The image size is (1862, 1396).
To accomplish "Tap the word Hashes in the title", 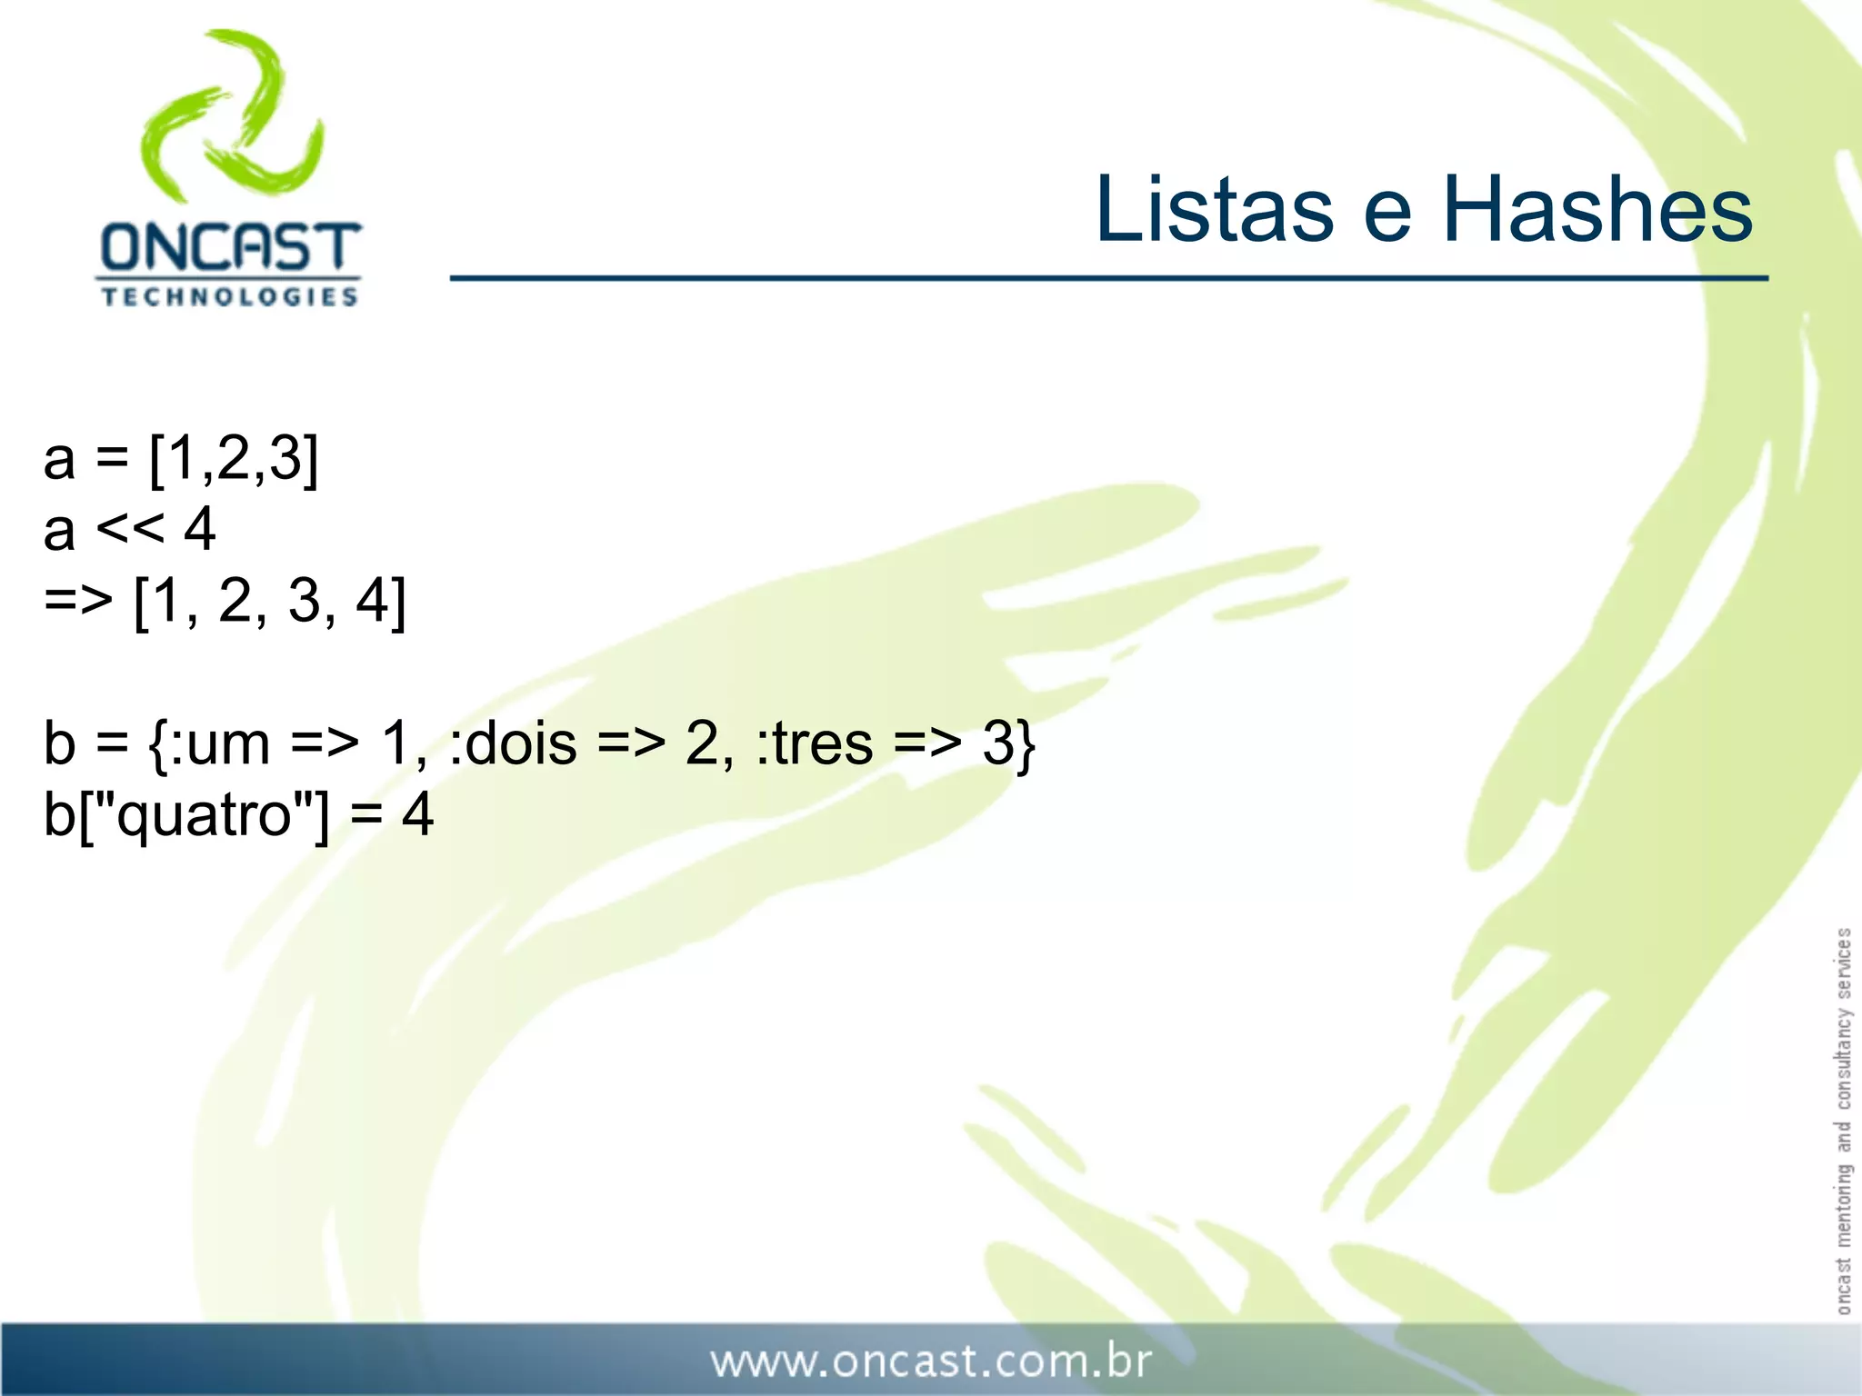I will pyautogui.click(x=1597, y=210).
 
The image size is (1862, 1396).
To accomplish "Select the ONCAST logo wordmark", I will pyautogui.click(x=230, y=247).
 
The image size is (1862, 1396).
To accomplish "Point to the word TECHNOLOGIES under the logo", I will pyautogui.click(x=229, y=297).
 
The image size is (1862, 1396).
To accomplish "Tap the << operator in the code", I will pyautogui.click(x=130, y=529).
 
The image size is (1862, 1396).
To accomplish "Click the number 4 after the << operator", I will pyautogui.click(x=199, y=529).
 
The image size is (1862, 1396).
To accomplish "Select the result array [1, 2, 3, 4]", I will pyautogui.click(x=270, y=601).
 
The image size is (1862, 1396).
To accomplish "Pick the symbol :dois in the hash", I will pyautogui.click(x=514, y=743).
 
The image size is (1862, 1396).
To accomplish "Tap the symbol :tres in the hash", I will pyautogui.click(x=815, y=743).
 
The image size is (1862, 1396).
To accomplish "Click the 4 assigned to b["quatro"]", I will pyautogui.click(x=417, y=815).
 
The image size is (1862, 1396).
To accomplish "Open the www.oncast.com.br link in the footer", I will pyautogui.click(x=931, y=1361).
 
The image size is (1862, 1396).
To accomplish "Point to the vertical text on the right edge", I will pyautogui.click(x=1843, y=1120).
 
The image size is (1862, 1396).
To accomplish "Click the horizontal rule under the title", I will pyautogui.click(x=1108, y=278).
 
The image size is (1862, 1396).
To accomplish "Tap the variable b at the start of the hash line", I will pyautogui.click(x=59, y=743).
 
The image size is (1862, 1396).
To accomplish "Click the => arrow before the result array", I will pyautogui.click(x=78, y=601).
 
